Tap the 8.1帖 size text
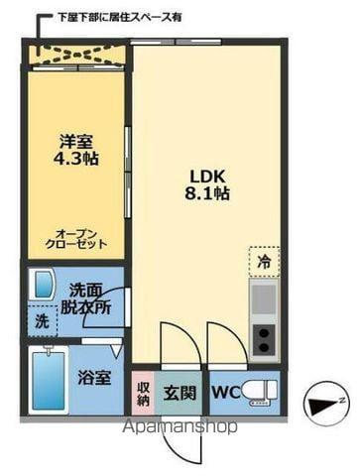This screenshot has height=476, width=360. coord(206,196)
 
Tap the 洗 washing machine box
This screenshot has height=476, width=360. coord(42,322)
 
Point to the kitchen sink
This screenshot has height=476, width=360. coord(264,298)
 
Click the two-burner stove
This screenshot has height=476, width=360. coord(264,339)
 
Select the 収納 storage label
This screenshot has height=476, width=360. coord(143,392)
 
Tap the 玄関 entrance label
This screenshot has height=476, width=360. coord(180,392)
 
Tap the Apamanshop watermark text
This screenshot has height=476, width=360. coord(180,428)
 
